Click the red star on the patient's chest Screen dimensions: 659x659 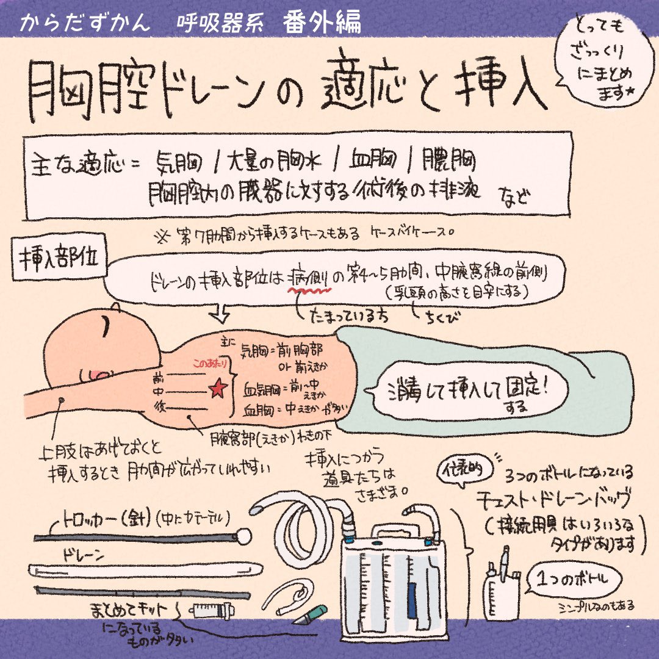(x=215, y=389)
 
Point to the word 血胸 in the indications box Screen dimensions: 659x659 (x=373, y=160)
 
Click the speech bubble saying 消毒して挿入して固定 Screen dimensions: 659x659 (x=467, y=389)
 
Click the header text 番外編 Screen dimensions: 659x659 (x=322, y=23)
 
